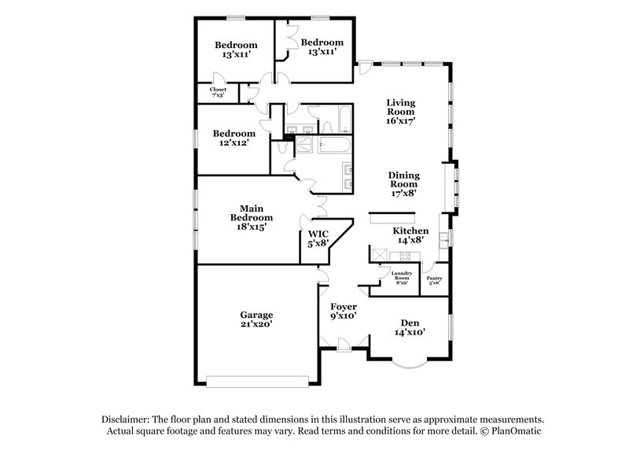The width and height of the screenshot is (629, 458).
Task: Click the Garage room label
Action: (x=257, y=315)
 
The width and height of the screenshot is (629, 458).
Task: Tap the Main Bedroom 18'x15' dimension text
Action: (x=252, y=226)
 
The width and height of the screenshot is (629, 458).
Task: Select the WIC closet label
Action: (x=318, y=234)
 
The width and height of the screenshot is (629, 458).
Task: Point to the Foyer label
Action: (x=344, y=306)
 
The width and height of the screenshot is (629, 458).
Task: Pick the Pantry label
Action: (x=434, y=278)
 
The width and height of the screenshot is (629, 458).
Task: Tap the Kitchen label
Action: (x=409, y=231)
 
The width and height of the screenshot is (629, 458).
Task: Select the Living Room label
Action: (x=400, y=107)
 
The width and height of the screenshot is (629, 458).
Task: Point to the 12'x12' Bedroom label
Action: (x=234, y=134)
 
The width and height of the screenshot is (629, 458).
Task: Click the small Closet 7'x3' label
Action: (x=218, y=90)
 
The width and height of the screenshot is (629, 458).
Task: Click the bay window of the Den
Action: (x=410, y=364)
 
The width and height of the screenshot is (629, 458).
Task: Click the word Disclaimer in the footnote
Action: (x=128, y=419)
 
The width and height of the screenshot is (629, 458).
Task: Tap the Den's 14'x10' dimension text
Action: (x=410, y=332)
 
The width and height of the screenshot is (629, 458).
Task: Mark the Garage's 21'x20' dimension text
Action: (x=257, y=324)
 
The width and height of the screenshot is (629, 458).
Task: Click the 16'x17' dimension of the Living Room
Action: (x=400, y=121)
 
